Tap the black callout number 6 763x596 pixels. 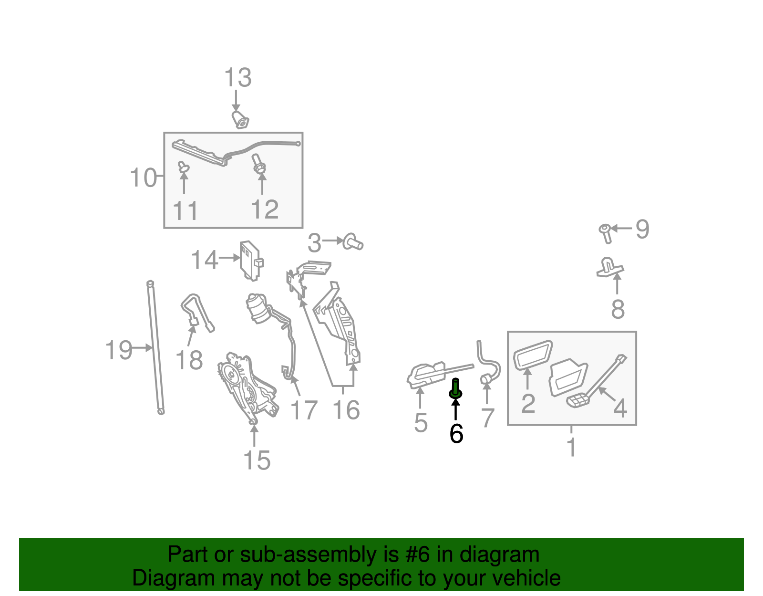pyautogui.click(x=456, y=433)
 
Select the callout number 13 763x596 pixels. pyautogui.click(x=237, y=77)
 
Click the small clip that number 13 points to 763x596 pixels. pyautogui.click(x=241, y=120)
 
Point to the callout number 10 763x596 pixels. pyautogui.click(x=143, y=178)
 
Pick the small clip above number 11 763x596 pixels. pyautogui.click(x=183, y=167)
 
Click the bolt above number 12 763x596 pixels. pyautogui.click(x=258, y=164)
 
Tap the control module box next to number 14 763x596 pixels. pyautogui.click(x=251, y=260)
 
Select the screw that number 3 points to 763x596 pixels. pyautogui.click(x=353, y=242)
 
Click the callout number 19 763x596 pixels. pyautogui.click(x=119, y=350)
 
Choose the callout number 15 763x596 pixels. pyautogui.click(x=257, y=460)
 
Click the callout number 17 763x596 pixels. pyautogui.click(x=304, y=410)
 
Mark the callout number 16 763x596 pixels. pyautogui.click(x=346, y=410)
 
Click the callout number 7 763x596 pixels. pyautogui.click(x=487, y=418)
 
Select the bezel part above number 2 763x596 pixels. pyautogui.click(x=533, y=354)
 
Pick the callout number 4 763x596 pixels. pyautogui.click(x=620, y=408)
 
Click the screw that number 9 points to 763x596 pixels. pyautogui.click(x=606, y=232)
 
